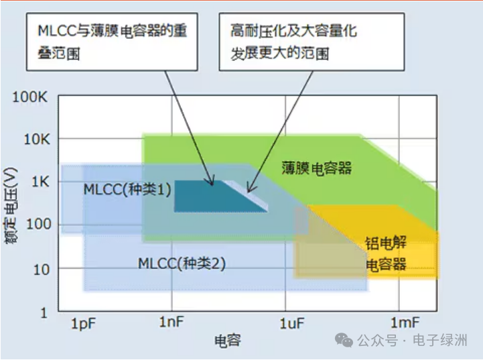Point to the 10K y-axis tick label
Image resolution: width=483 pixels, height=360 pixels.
(34, 139)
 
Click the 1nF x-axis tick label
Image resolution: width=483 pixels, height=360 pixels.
(172, 322)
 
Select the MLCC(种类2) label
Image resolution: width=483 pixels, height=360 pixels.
(182, 263)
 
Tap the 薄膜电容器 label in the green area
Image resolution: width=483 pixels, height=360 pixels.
(317, 168)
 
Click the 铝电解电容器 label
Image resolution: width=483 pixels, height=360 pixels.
(386, 253)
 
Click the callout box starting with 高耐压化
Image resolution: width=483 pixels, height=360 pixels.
(312, 42)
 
